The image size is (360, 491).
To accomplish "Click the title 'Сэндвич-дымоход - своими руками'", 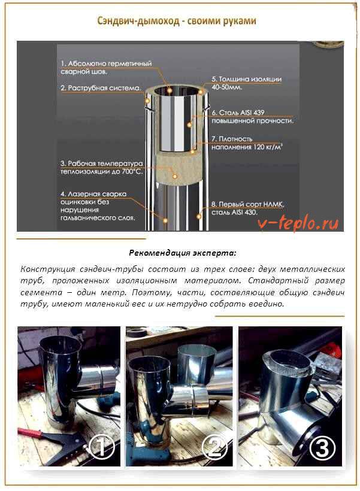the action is pyautogui.click(x=177, y=21).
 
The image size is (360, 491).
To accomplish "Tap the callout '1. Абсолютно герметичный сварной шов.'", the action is pyautogui.click(x=106, y=68).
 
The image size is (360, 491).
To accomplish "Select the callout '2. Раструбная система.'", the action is pyautogui.click(x=101, y=88).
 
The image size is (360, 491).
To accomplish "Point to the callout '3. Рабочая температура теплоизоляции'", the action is pyautogui.click(x=101, y=168).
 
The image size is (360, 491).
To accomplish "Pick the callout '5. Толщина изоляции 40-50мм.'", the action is pyautogui.click(x=247, y=83).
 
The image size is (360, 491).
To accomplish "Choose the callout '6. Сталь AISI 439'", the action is pyautogui.click(x=252, y=117).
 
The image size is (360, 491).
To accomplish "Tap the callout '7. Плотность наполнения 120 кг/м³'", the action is pyautogui.click(x=247, y=143).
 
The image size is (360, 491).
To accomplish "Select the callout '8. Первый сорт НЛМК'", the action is pyautogui.click(x=248, y=208).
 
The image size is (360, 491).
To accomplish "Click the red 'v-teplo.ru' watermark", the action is pyautogui.click(x=298, y=223).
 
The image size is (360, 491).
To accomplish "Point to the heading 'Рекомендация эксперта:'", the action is pyautogui.click(x=183, y=253).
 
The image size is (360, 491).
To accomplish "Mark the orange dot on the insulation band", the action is pyautogui.click(x=175, y=177).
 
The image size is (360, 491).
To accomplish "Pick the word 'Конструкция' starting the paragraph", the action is pyautogui.click(x=48, y=269).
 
